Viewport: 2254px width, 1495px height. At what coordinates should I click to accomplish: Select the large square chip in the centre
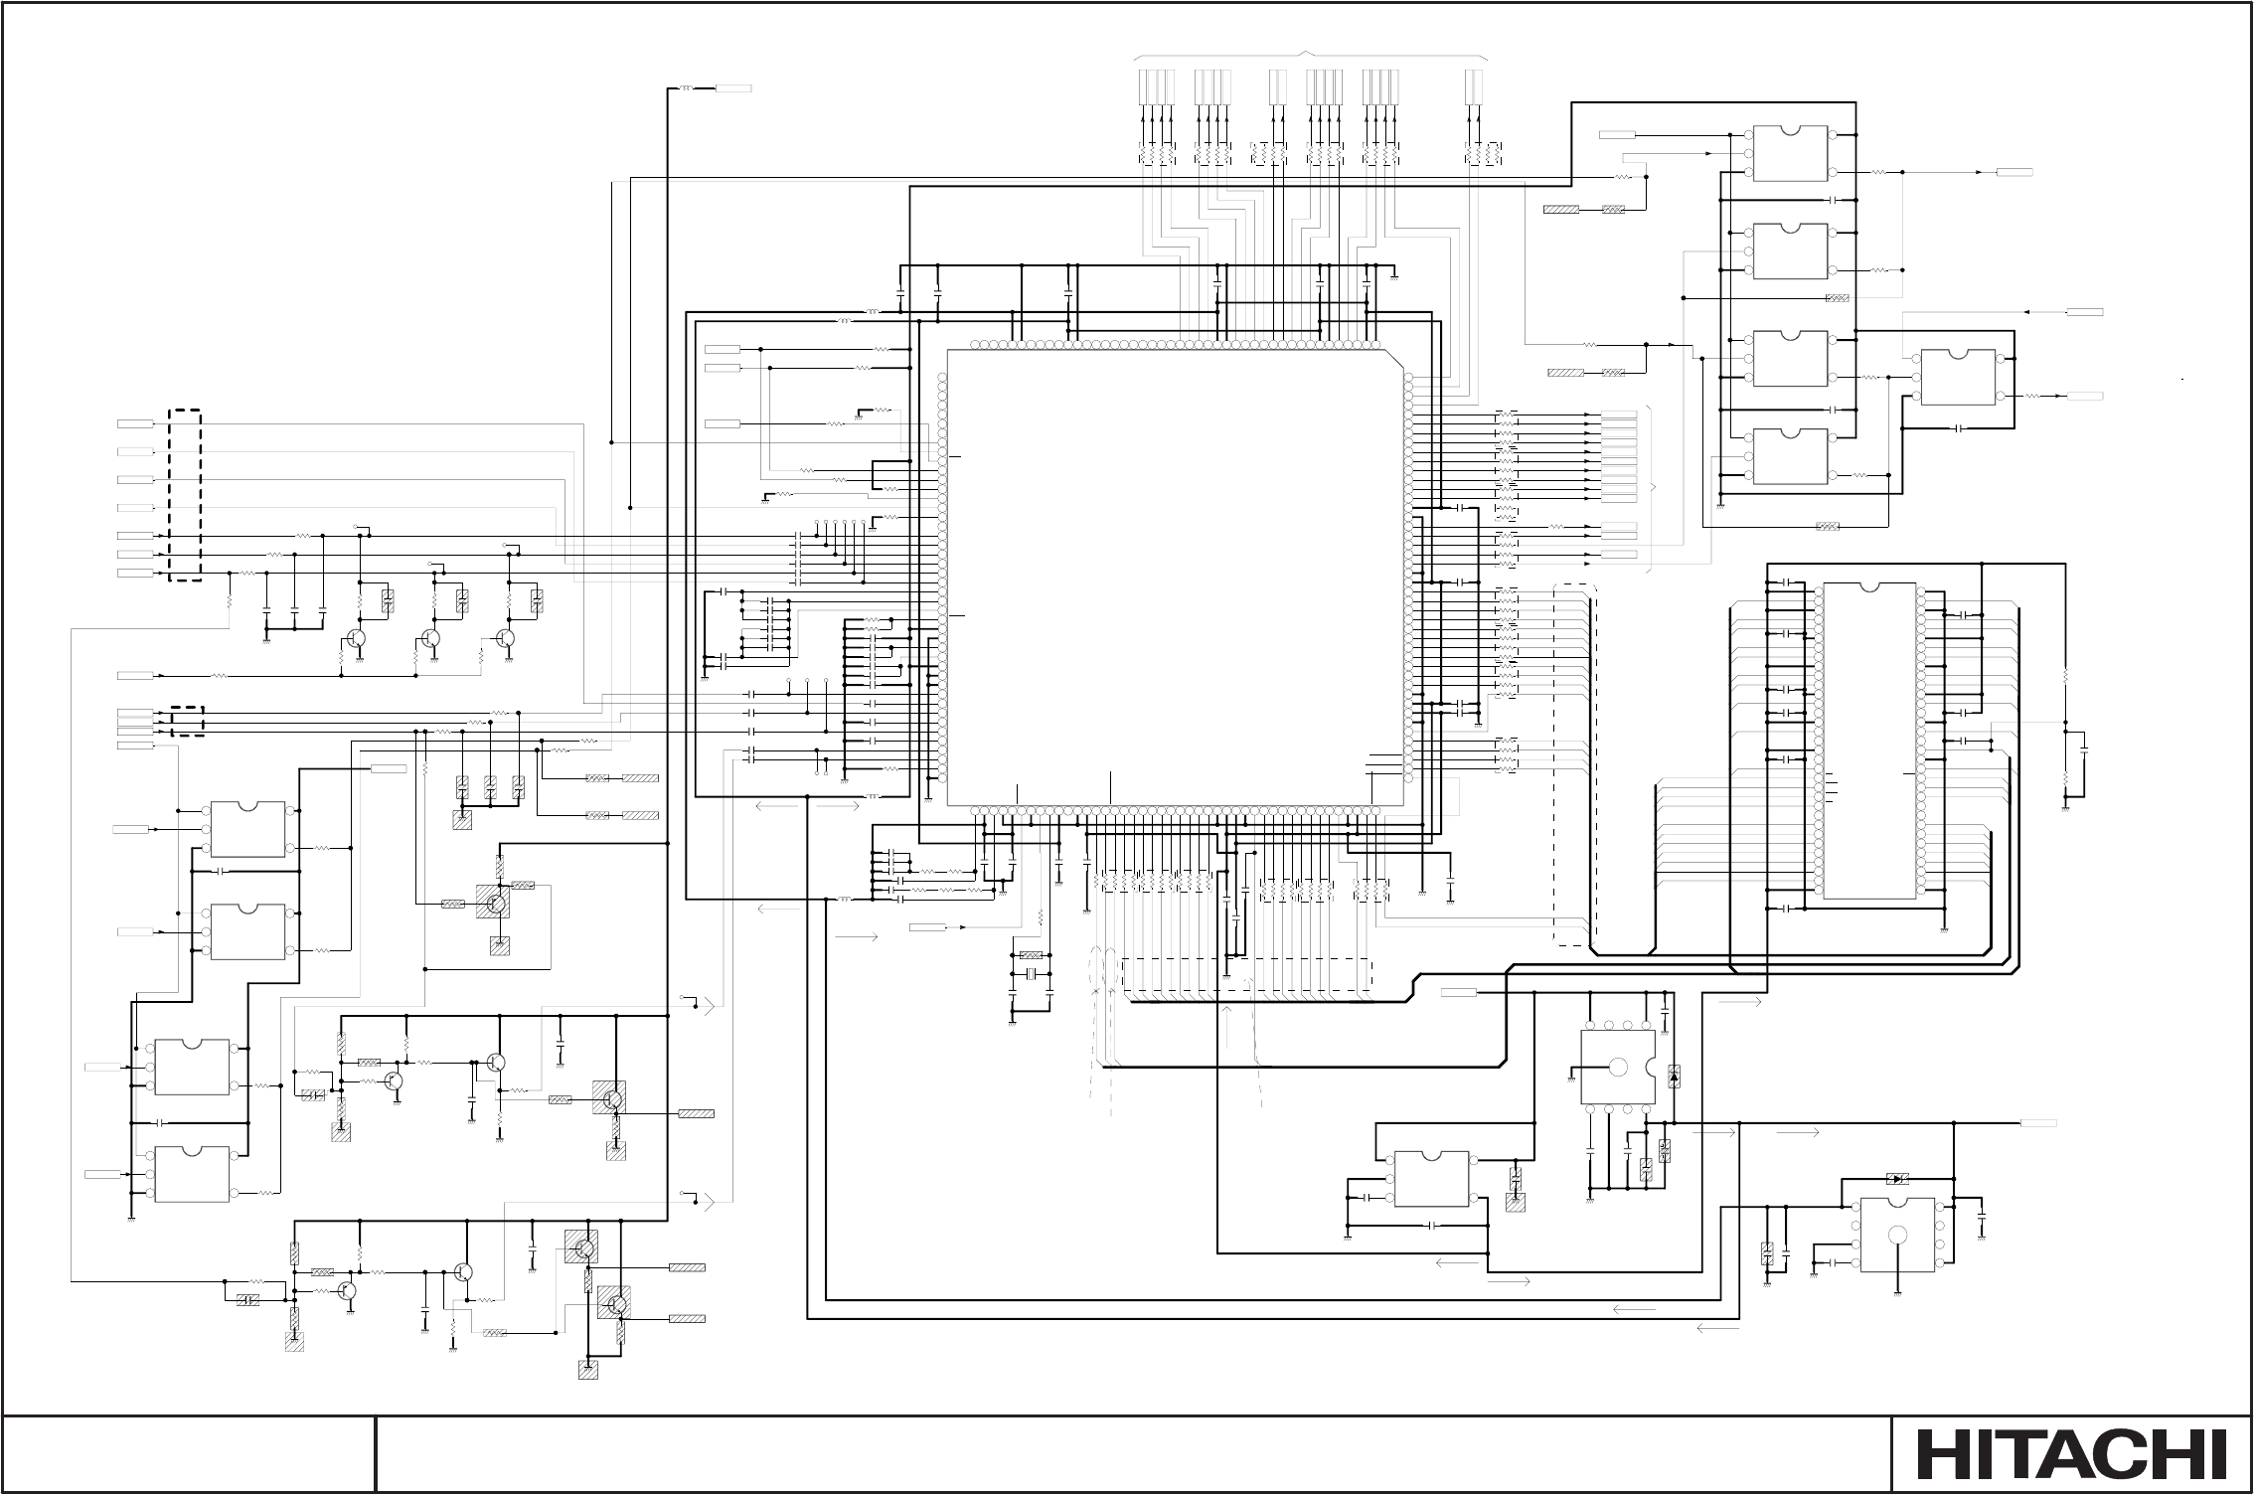[1176, 578]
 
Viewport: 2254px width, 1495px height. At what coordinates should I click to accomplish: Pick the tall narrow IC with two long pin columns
[1868, 741]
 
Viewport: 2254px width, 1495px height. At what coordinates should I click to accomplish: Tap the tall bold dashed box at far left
[184, 494]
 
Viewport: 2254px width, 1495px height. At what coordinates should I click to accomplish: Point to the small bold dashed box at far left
[186, 721]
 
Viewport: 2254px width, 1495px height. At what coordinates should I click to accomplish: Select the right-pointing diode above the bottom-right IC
[1896, 1179]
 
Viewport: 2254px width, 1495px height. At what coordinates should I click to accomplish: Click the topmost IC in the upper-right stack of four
[1790, 153]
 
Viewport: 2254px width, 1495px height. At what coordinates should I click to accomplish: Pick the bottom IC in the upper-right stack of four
[1790, 456]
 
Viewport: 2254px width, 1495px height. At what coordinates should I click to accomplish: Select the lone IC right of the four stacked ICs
[1958, 377]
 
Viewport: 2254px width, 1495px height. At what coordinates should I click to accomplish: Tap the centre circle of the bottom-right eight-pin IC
[1897, 1235]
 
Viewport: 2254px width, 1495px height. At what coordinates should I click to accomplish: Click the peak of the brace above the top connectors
[1309, 52]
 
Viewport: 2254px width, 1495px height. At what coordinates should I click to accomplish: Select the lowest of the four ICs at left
[192, 1174]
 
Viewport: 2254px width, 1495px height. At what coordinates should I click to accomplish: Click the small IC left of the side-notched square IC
[1432, 1178]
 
